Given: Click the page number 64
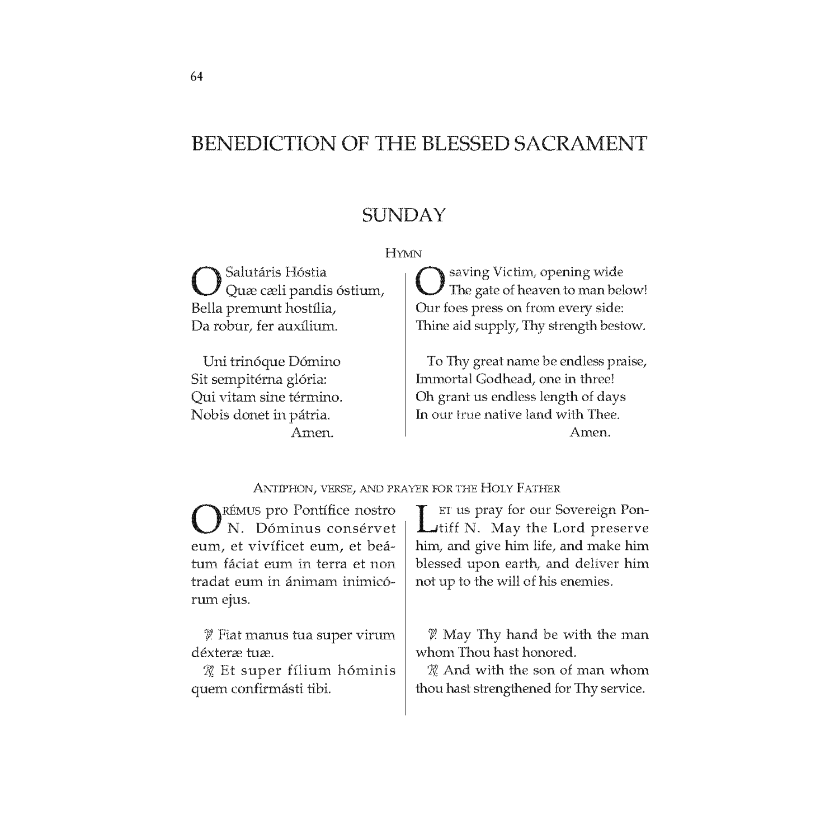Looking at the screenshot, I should (x=196, y=77).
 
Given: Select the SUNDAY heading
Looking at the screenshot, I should (x=403, y=215).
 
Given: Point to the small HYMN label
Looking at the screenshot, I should (x=403, y=253).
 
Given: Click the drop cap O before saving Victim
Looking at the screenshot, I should (x=430, y=281).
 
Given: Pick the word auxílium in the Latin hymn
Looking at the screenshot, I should (x=309, y=326).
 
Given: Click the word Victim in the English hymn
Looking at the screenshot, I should (x=514, y=272).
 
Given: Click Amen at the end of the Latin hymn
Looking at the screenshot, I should (x=312, y=432).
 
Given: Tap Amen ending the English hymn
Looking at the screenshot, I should (x=590, y=432).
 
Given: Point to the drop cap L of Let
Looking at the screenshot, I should (x=426, y=519).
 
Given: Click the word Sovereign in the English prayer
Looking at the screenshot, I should (x=585, y=510).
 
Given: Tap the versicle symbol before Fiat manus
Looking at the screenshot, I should (x=209, y=635).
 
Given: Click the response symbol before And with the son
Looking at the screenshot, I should (x=432, y=671).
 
